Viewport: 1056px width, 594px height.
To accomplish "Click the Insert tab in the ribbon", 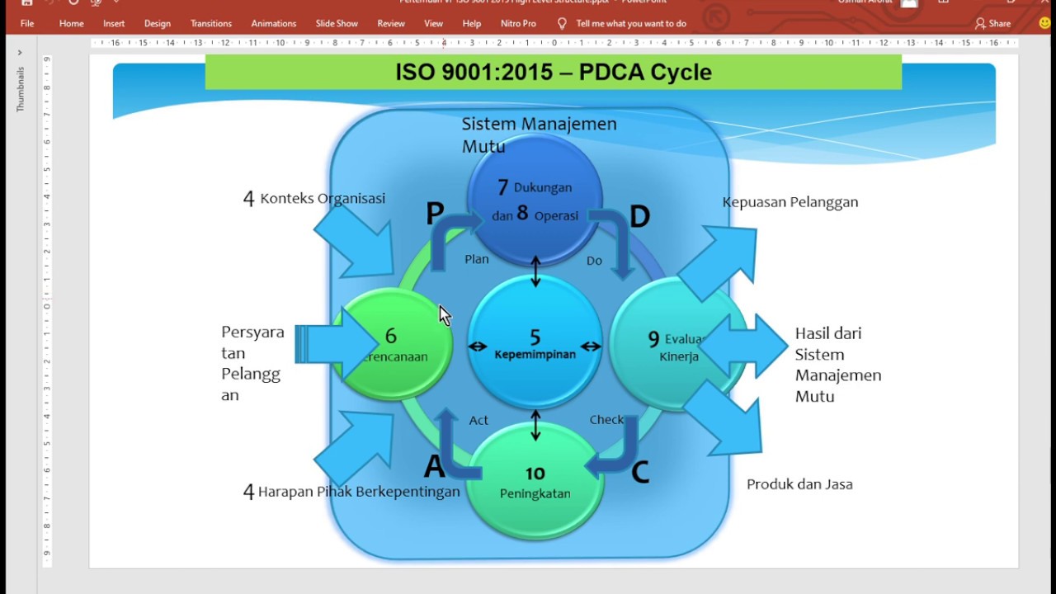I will click(x=114, y=23).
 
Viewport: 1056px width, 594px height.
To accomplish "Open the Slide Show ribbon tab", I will click(x=337, y=23).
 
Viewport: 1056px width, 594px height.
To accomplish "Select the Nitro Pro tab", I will click(x=518, y=23).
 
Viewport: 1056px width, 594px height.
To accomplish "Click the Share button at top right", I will click(x=992, y=24).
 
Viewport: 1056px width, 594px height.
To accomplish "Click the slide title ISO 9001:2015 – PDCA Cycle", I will click(x=553, y=72).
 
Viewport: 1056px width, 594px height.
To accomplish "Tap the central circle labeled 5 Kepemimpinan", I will click(x=535, y=342).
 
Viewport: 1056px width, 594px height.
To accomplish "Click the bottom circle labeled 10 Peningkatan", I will click(x=535, y=481).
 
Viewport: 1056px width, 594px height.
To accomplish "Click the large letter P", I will click(x=435, y=214).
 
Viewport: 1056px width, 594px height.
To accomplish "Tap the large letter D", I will click(x=639, y=217).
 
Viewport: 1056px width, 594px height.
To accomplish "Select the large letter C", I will click(x=639, y=473).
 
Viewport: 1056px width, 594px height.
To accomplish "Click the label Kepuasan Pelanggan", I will click(x=790, y=202).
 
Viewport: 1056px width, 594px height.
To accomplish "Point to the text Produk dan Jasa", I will click(x=799, y=484).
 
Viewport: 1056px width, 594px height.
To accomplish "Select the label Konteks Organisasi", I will click(x=322, y=199).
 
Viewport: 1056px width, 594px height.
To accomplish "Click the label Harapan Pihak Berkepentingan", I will click(x=358, y=492).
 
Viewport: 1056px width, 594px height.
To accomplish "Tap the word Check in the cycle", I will click(x=606, y=420).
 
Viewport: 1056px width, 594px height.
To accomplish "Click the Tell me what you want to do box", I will click(x=630, y=23).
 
